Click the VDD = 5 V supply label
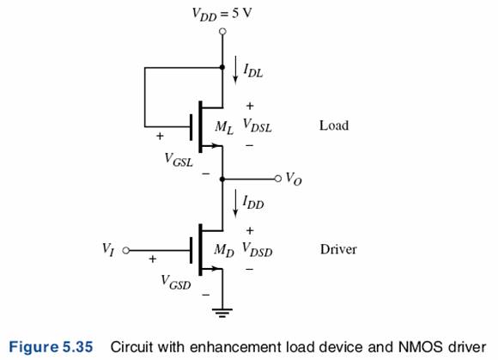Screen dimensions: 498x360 tap(222, 15)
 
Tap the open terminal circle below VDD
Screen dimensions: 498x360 tap(222, 32)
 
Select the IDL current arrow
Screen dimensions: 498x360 tap(235, 70)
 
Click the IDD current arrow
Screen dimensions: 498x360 tap(235, 204)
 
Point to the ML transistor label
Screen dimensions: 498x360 tap(224, 127)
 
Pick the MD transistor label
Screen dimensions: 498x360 tap(224, 250)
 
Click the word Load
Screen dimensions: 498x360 tap(334, 125)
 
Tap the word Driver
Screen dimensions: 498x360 tap(338, 249)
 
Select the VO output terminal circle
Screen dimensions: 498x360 tap(278, 179)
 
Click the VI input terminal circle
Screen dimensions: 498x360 tap(126, 250)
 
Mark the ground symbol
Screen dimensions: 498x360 tap(222, 313)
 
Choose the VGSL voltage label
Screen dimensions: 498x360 tap(179, 160)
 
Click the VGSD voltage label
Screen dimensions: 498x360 tap(176, 282)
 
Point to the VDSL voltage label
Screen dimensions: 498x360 tap(258, 125)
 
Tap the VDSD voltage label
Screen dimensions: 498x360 tap(258, 250)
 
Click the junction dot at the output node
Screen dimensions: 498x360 tap(222, 180)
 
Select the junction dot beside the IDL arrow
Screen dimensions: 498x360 tap(222, 67)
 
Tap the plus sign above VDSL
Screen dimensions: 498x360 tap(250, 106)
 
